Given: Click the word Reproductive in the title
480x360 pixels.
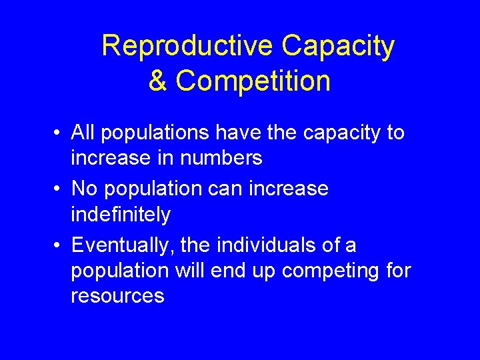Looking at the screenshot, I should click(x=187, y=47).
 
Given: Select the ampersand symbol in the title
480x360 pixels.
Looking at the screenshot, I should click(x=157, y=81).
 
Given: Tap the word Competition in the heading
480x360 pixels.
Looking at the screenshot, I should click(x=253, y=81).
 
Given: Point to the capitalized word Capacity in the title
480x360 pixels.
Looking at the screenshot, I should click(x=338, y=47).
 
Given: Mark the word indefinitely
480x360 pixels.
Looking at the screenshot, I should click(x=121, y=215).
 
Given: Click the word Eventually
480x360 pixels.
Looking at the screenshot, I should click(x=121, y=245).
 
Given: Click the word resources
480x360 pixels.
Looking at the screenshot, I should click(x=117, y=296).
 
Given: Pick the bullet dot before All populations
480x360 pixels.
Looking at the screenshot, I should click(x=60, y=133).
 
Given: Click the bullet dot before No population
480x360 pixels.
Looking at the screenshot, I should click(x=60, y=189).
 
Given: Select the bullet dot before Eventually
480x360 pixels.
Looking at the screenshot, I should click(x=60, y=246).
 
